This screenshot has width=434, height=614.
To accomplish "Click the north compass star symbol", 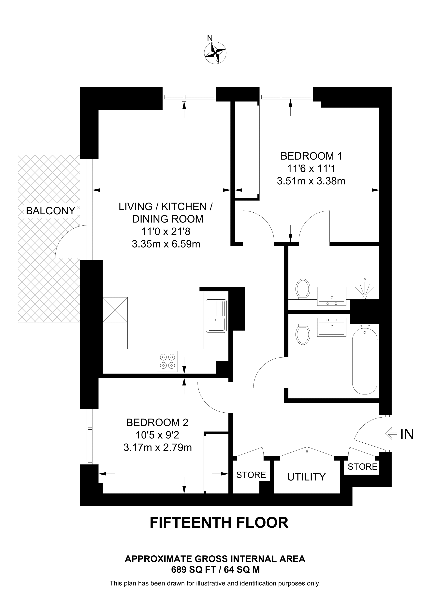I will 215,53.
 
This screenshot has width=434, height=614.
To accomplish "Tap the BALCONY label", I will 50,211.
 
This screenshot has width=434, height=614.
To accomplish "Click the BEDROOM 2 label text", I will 157,422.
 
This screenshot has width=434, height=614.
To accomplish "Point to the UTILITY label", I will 306,477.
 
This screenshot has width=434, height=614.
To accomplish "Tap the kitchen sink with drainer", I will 216,316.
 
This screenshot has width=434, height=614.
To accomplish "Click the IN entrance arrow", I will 391,434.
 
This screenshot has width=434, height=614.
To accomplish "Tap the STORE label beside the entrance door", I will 362,467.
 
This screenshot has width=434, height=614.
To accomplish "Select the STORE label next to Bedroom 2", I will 251,475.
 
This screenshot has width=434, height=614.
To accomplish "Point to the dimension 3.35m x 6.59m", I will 166,244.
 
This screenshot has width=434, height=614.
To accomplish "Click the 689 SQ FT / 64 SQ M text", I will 215,570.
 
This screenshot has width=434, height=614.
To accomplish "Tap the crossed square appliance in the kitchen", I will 115,310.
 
